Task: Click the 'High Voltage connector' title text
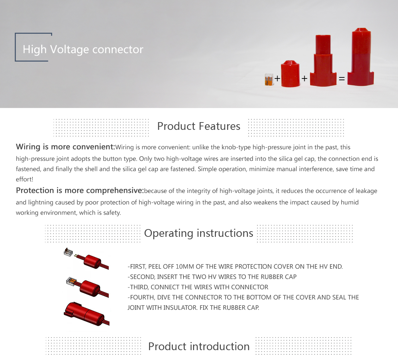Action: (83, 49)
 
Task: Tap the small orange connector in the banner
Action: (269, 79)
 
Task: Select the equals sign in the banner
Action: (342, 79)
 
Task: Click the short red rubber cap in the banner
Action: (290, 74)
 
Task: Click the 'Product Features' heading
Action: (199, 126)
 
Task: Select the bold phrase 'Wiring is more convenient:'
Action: (66, 147)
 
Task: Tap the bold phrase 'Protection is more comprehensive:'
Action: (80, 190)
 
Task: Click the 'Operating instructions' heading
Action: (199, 233)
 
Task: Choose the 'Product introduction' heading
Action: (199, 346)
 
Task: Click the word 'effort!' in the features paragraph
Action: (25, 179)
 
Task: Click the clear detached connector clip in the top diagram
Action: (68, 252)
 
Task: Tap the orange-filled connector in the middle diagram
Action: (71, 282)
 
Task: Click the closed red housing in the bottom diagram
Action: (84, 314)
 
